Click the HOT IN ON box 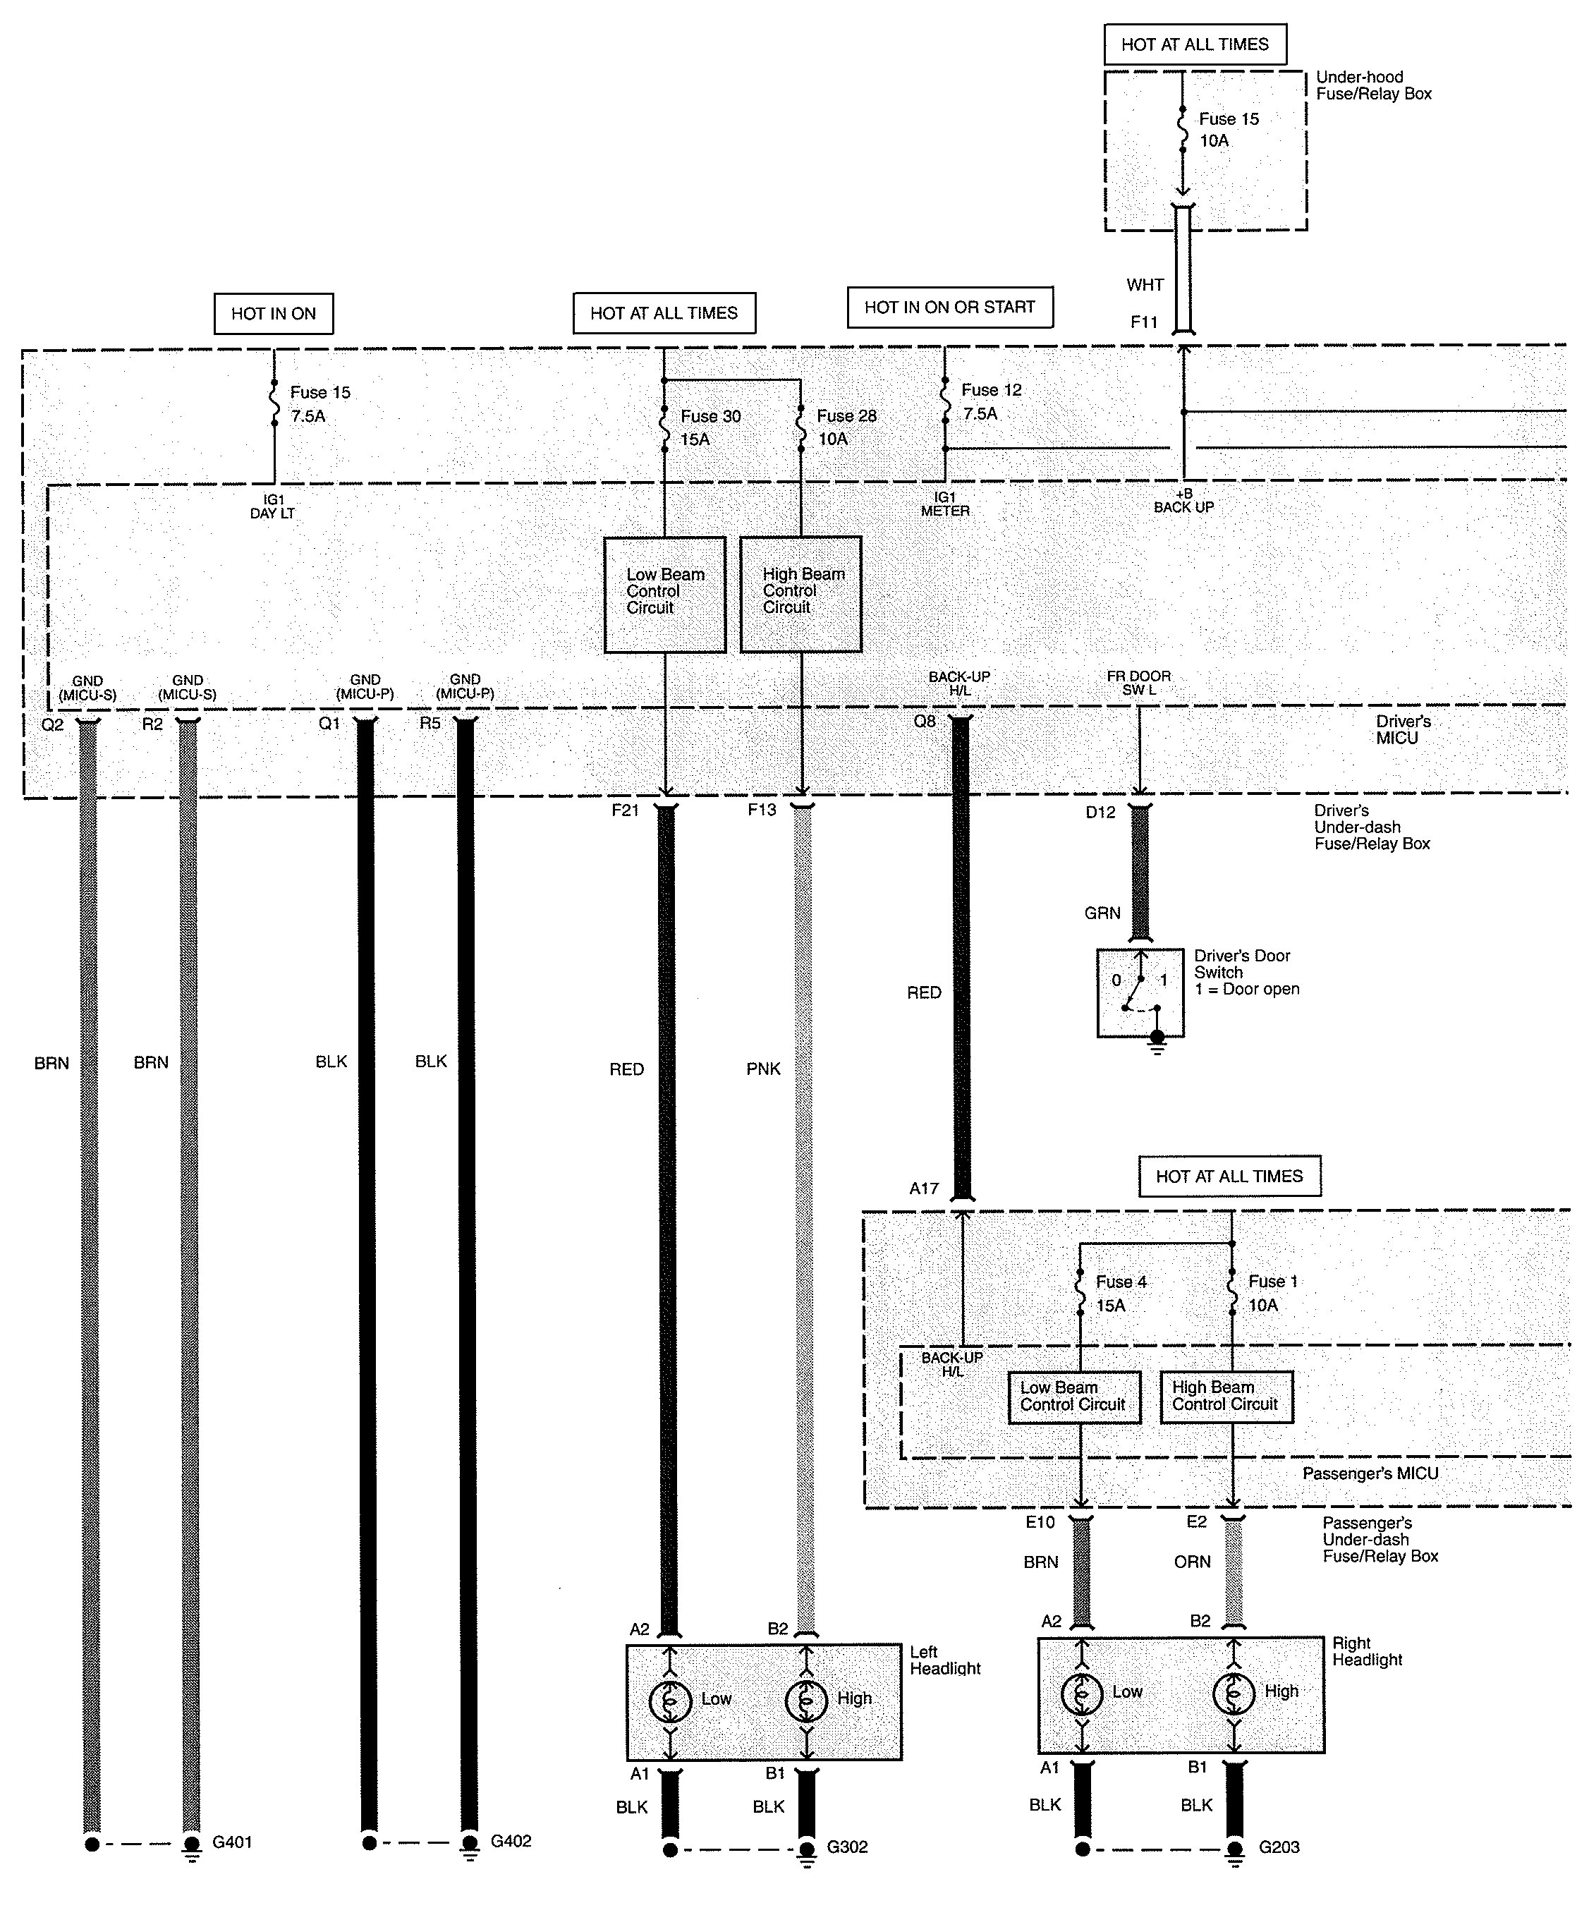tap(274, 313)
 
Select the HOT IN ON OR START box tap(949, 307)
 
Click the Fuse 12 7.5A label tap(991, 401)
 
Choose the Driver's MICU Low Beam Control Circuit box tap(665, 594)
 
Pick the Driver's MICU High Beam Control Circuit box tap(801, 594)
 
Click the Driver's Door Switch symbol tap(1140, 993)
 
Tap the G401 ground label tap(233, 1842)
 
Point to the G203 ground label tap(1279, 1847)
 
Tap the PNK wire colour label tap(763, 1069)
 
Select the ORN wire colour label tap(1192, 1562)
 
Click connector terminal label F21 tap(625, 810)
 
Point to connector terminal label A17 tap(924, 1188)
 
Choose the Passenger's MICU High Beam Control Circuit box tap(1226, 1397)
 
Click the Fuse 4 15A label tap(1120, 1294)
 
